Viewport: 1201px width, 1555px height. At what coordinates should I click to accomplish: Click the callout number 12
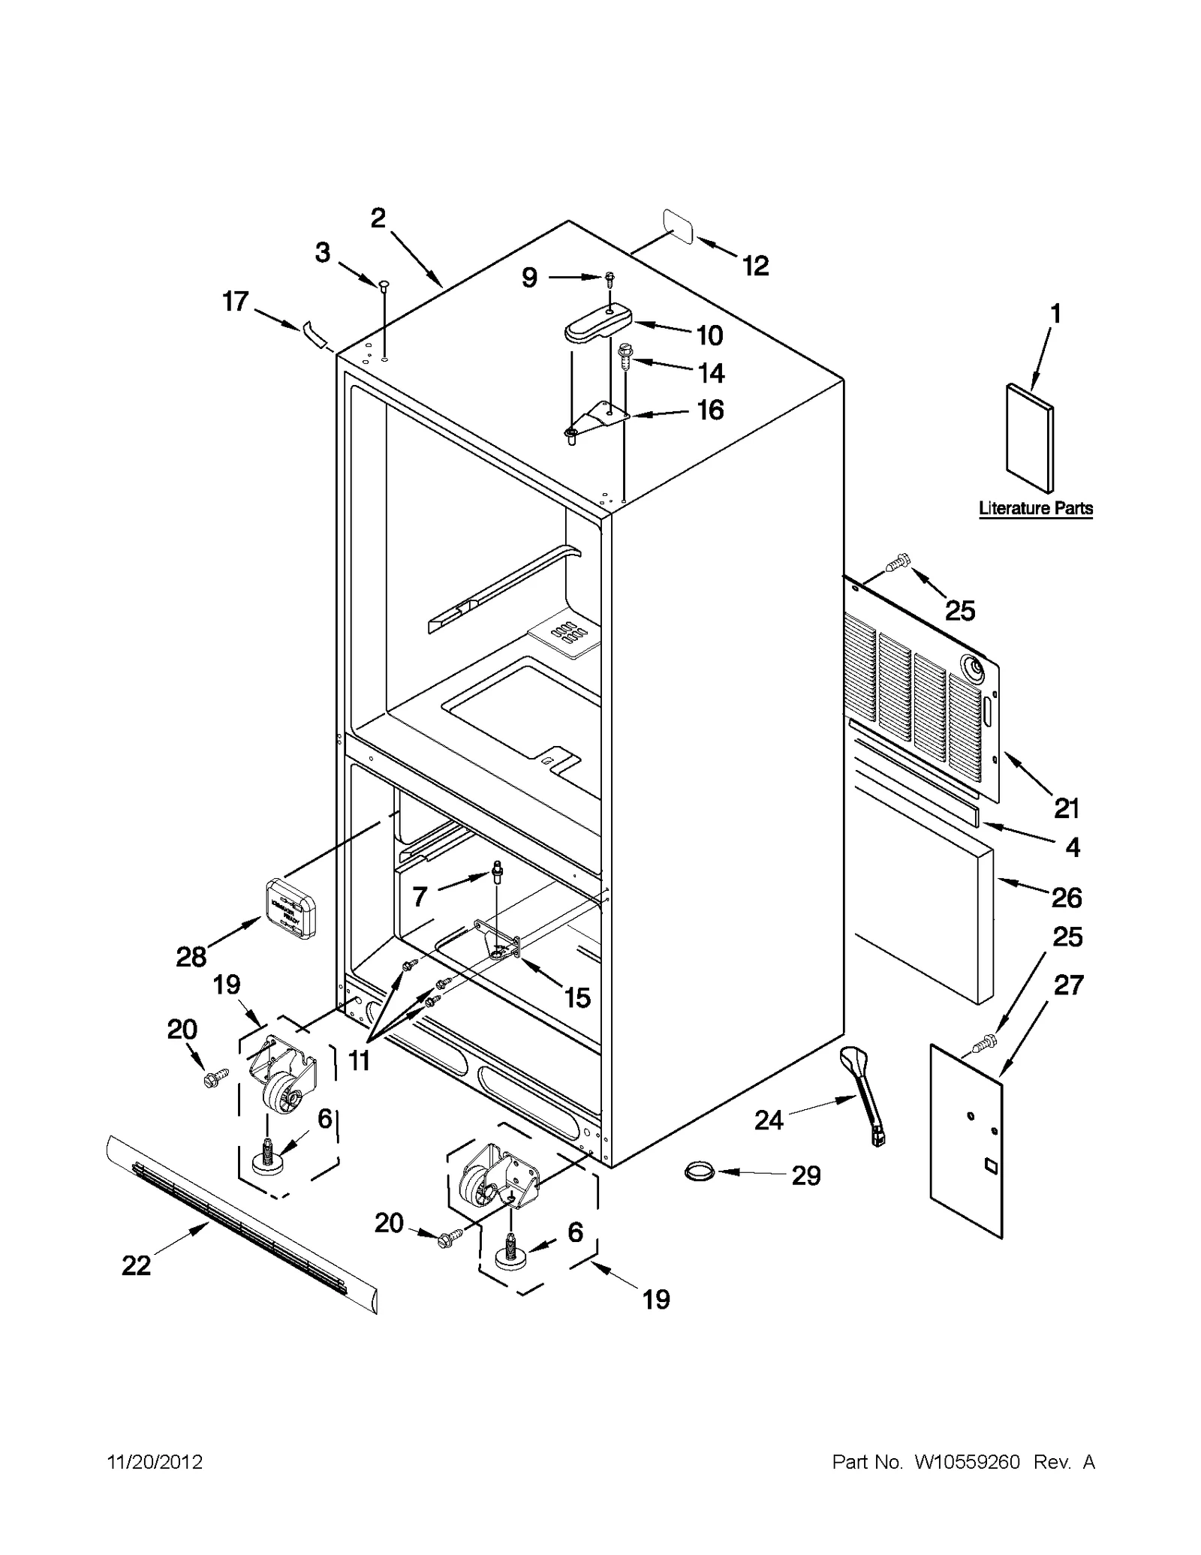click(755, 266)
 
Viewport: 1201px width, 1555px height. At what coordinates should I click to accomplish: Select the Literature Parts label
click(1035, 508)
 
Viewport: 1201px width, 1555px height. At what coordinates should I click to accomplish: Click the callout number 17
click(236, 302)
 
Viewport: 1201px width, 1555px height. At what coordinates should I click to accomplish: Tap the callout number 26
click(1066, 897)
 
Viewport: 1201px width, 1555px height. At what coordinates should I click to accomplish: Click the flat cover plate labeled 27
click(966, 1141)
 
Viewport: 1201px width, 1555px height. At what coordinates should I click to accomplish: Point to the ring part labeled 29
click(699, 1169)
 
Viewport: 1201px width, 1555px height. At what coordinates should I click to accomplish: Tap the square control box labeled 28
click(289, 908)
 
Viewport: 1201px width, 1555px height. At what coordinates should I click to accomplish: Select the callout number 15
click(576, 997)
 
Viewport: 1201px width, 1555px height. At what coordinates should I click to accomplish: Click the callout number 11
click(359, 1060)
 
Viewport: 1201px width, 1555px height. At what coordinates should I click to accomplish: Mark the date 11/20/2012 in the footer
click(155, 1462)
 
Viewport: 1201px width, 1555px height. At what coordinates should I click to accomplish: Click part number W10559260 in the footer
click(966, 1462)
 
